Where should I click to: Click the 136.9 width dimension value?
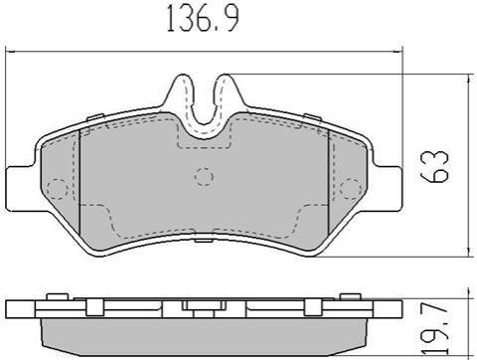[x=203, y=18]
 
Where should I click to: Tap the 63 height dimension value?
[x=434, y=167]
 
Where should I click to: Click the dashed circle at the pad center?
[x=204, y=176]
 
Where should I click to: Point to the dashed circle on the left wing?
[x=58, y=189]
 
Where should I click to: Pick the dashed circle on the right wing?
[x=351, y=188]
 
